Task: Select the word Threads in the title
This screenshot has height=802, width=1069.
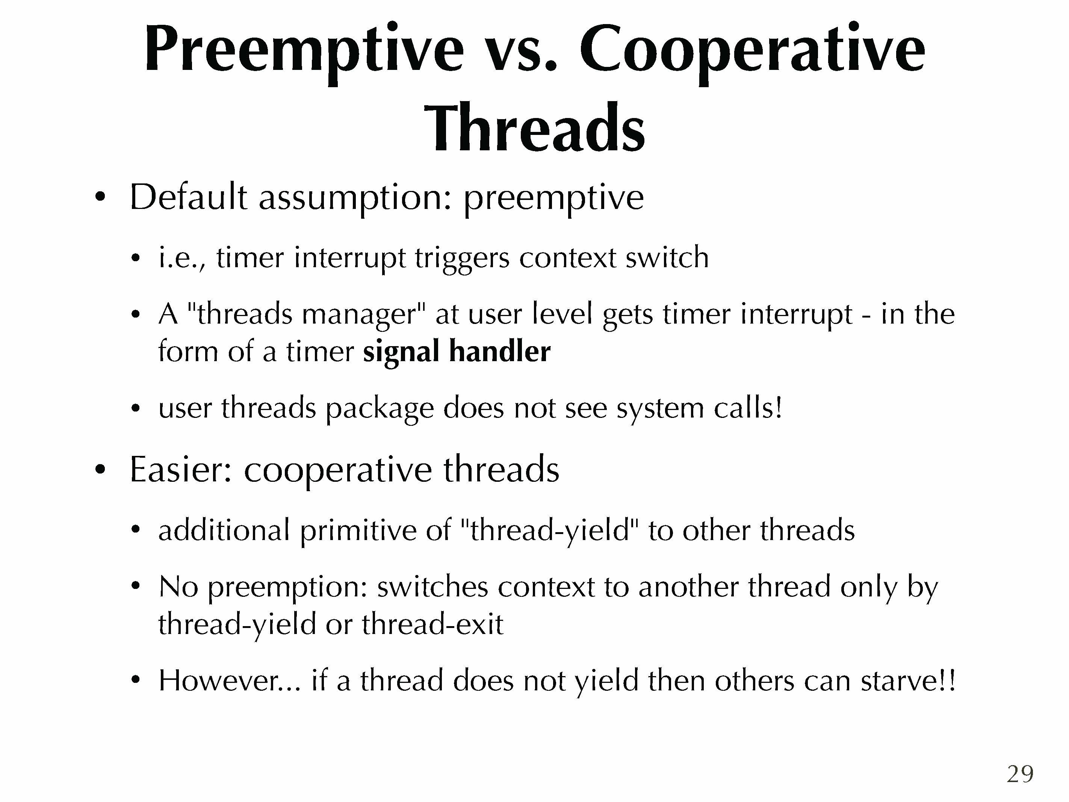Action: [x=534, y=128]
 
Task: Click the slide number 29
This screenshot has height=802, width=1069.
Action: [x=1020, y=775]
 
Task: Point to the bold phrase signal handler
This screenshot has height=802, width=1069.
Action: [x=457, y=351]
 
